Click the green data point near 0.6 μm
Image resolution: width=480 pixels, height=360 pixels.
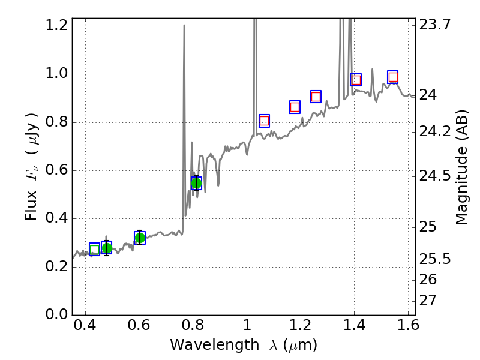pyautogui.click(x=140, y=238)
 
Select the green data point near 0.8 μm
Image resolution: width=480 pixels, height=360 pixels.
pyautogui.click(x=196, y=183)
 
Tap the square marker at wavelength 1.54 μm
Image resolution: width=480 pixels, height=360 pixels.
pyautogui.click(x=393, y=77)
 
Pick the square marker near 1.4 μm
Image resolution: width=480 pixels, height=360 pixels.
pyautogui.click(x=356, y=80)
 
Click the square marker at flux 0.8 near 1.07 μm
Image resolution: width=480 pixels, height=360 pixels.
pyautogui.click(x=264, y=121)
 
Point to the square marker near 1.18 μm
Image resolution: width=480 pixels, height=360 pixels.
pyautogui.click(x=295, y=107)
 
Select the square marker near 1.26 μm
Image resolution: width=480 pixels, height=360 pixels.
pyautogui.click(x=316, y=97)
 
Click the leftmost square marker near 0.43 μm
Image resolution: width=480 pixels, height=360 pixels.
pyautogui.click(x=94, y=249)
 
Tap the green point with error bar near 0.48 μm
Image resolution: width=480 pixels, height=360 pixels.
pyautogui.click(x=107, y=248)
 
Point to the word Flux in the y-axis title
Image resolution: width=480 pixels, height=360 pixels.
pyautogui.click(x=32, y=206)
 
